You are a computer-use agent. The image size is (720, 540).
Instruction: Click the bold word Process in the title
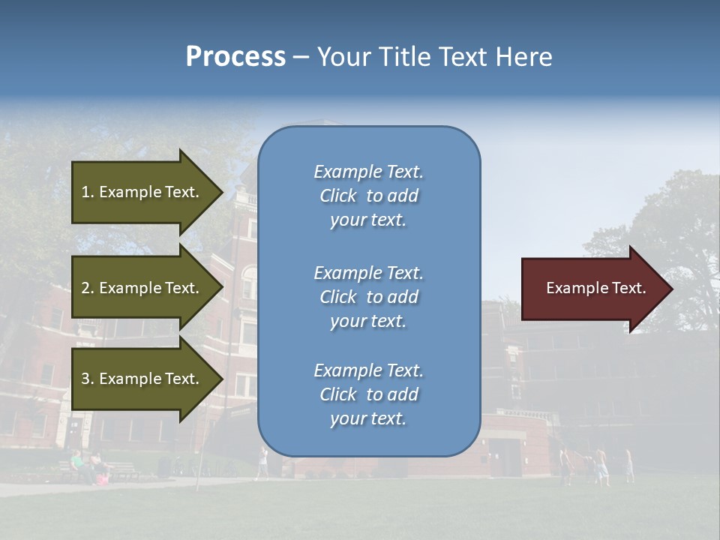235,57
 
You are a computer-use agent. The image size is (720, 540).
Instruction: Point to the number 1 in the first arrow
85,192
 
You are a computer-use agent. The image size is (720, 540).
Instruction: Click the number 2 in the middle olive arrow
85,288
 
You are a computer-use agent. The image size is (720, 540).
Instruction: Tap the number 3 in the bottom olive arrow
85,379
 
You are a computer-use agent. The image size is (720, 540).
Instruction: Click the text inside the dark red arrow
596,288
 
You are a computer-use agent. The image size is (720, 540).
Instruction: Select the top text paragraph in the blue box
368,196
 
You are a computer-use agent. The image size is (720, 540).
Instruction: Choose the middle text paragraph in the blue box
368,297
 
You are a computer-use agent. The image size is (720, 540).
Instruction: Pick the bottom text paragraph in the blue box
368,394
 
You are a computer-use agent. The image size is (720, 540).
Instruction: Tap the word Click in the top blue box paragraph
337,196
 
